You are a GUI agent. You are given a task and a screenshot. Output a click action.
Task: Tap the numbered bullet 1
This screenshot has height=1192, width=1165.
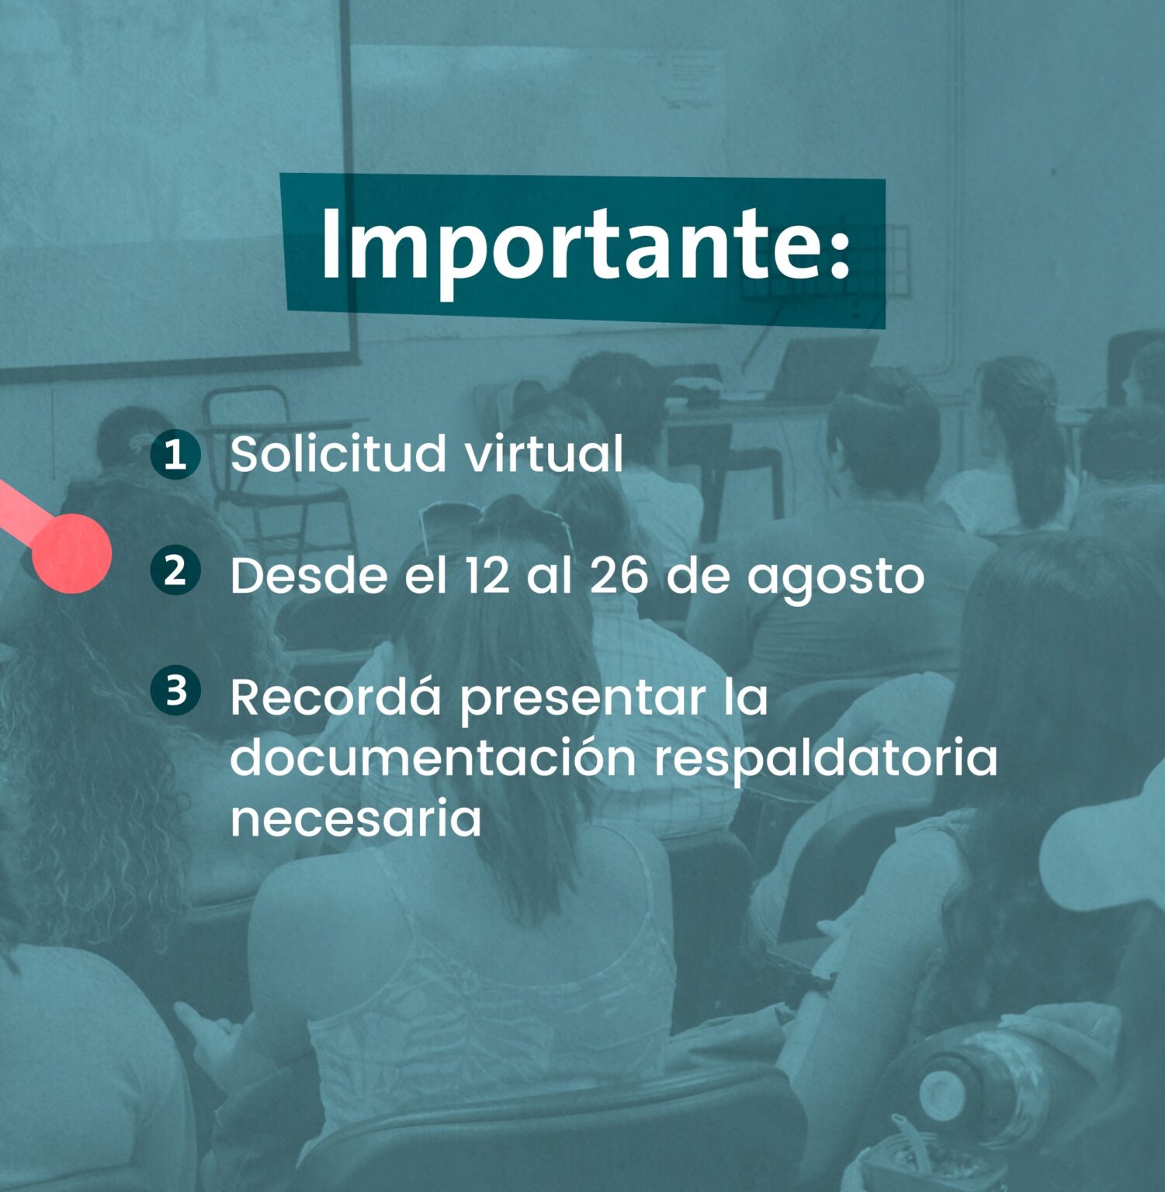(x=176, y=454)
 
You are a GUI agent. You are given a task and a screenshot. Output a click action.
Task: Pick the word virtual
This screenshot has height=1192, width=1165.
(x=544, y=453)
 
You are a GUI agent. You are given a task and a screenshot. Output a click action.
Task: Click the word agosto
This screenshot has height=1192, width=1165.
(x=836, y=580)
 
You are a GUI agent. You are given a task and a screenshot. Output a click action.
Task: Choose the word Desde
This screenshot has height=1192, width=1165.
(x=308, y=575)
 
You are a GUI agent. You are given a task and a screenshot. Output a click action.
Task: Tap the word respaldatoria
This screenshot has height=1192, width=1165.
(x=825, y=761)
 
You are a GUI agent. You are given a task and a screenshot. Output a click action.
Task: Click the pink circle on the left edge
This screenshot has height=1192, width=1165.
(x=71, y=553)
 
